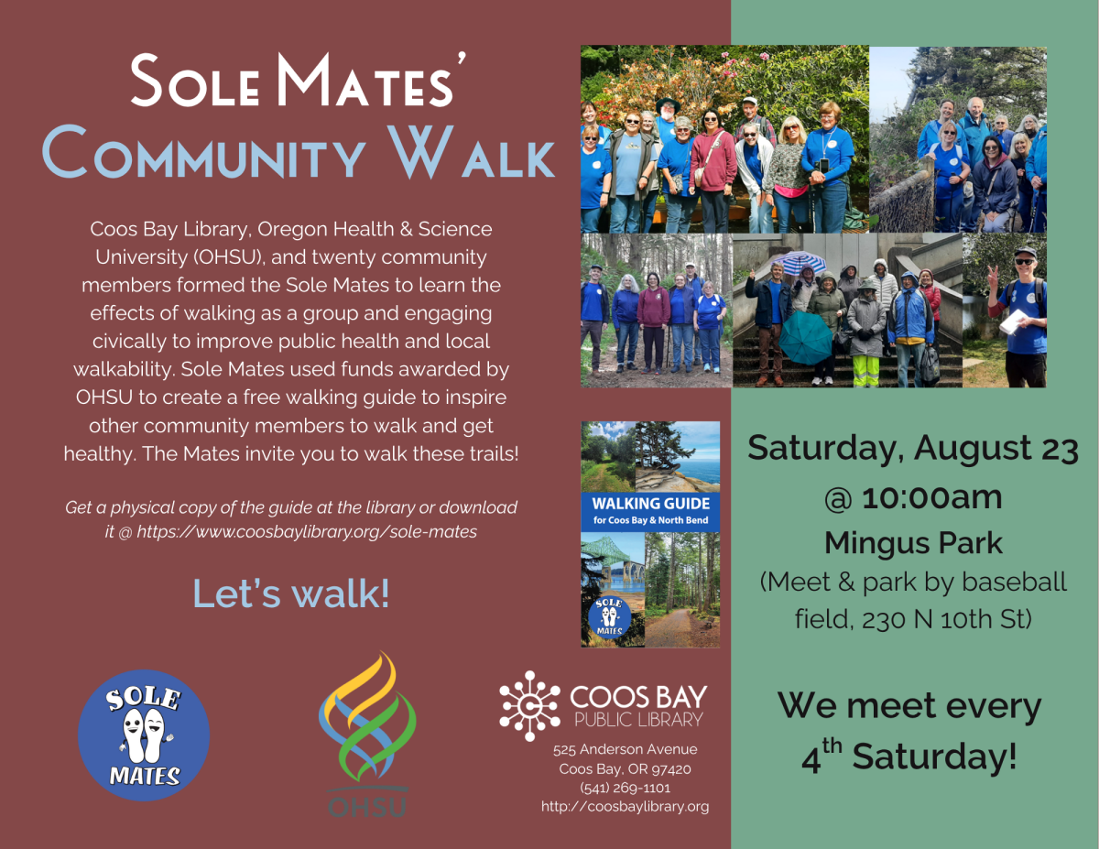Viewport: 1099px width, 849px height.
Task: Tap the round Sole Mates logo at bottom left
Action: click(x=144, y=735)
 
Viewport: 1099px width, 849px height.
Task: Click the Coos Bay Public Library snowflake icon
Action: click(x=529, y=704)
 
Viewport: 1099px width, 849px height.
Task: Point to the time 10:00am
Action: click(x=930, y=497)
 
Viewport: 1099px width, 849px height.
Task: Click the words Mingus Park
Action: click(x=913, y=543)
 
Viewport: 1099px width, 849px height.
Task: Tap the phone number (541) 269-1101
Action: click(x=625, y=788)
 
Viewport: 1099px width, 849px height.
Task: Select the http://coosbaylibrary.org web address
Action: click(x=625, y=807)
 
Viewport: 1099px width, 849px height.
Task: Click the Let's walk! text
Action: click(x=290, y=593)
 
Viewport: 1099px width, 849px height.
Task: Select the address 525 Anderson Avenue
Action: click(x=625, y=749)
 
